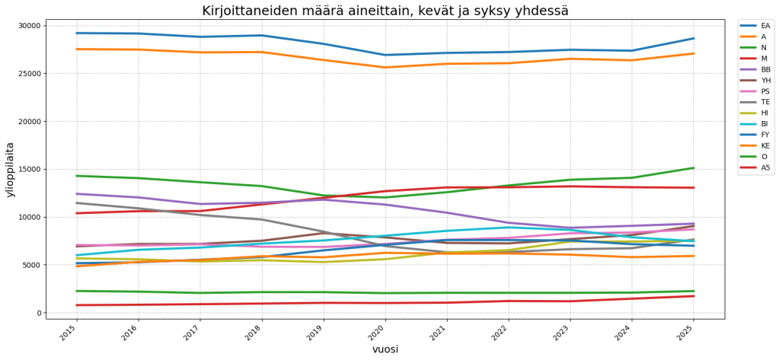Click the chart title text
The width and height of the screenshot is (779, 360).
pyautogui.click(x=385, y=11)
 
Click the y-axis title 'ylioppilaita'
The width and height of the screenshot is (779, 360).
pyautogui.click(x=11, y=169)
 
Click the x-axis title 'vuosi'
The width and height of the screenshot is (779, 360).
pyautogui.click(x=385, y=349)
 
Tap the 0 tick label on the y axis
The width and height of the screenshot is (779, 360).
pyautogui.click(x=37, y=313)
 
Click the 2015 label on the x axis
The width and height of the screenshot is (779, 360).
pyautogui.click(x=70, y=333)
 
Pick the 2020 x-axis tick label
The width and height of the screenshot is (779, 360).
pyautogui.click(x=378, y=333)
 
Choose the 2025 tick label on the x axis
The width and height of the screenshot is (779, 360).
pyautogui.click(x=687, y=333)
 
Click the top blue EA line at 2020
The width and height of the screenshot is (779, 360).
pyautogui.click(x=385, y=55)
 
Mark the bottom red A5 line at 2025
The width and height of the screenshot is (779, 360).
pyautogui.click(x=694, y=296)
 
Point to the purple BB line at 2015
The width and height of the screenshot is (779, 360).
pyautogui.click(x=77, y=194)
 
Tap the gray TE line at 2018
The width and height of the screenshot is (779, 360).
pyautogui.click(x=262, y=220)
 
